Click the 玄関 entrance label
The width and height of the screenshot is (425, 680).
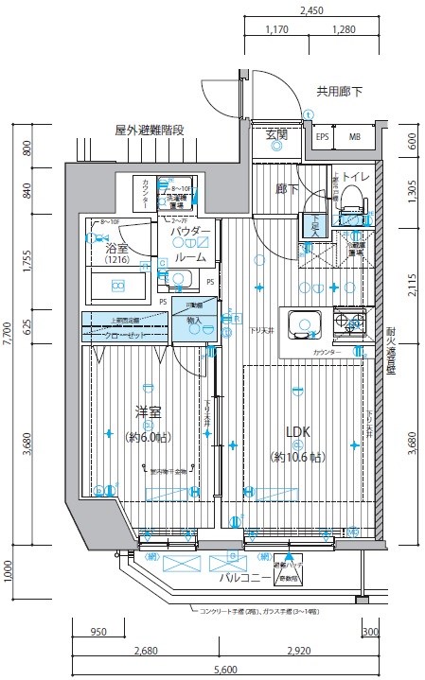[x=276, y=135]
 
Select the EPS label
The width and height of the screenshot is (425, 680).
[x=323, y=137]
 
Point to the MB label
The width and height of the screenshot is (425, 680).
[x=355, y=137]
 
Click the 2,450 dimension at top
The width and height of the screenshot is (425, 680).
[x=311, y=12]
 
